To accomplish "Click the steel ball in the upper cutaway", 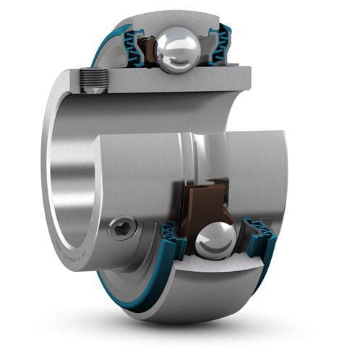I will [178, 50].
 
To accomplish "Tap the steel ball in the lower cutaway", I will [216, 239].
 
